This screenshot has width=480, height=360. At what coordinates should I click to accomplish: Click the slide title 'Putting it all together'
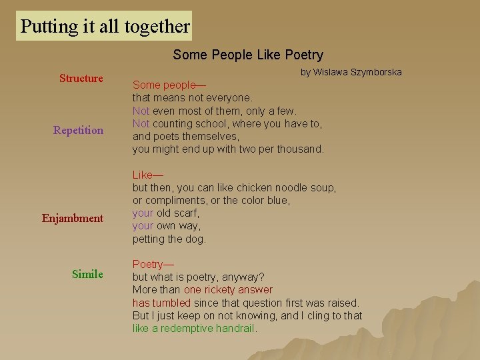(105, 27)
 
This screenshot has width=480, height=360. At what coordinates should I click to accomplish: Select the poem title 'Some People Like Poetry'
(248, 55)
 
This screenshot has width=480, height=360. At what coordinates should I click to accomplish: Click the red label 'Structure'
(81, 79)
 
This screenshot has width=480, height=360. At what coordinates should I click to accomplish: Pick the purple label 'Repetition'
(79, 131)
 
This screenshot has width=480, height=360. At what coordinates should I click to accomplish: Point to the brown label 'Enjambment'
(73, 219)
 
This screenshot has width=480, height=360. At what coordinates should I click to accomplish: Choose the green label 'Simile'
(87, 274)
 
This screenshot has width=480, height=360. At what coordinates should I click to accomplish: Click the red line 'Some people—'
(169, 85)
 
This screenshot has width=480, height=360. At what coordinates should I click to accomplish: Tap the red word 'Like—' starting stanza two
(147, 175)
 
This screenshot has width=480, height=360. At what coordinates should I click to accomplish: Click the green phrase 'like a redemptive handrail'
(194, 329)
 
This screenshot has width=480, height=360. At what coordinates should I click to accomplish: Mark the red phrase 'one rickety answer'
(228, 290)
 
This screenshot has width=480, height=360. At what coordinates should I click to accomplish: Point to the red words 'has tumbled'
(161, 303)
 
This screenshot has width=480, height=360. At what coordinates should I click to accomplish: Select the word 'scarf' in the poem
(187, 213)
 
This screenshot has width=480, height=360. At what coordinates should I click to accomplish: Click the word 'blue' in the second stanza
(278, 201)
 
